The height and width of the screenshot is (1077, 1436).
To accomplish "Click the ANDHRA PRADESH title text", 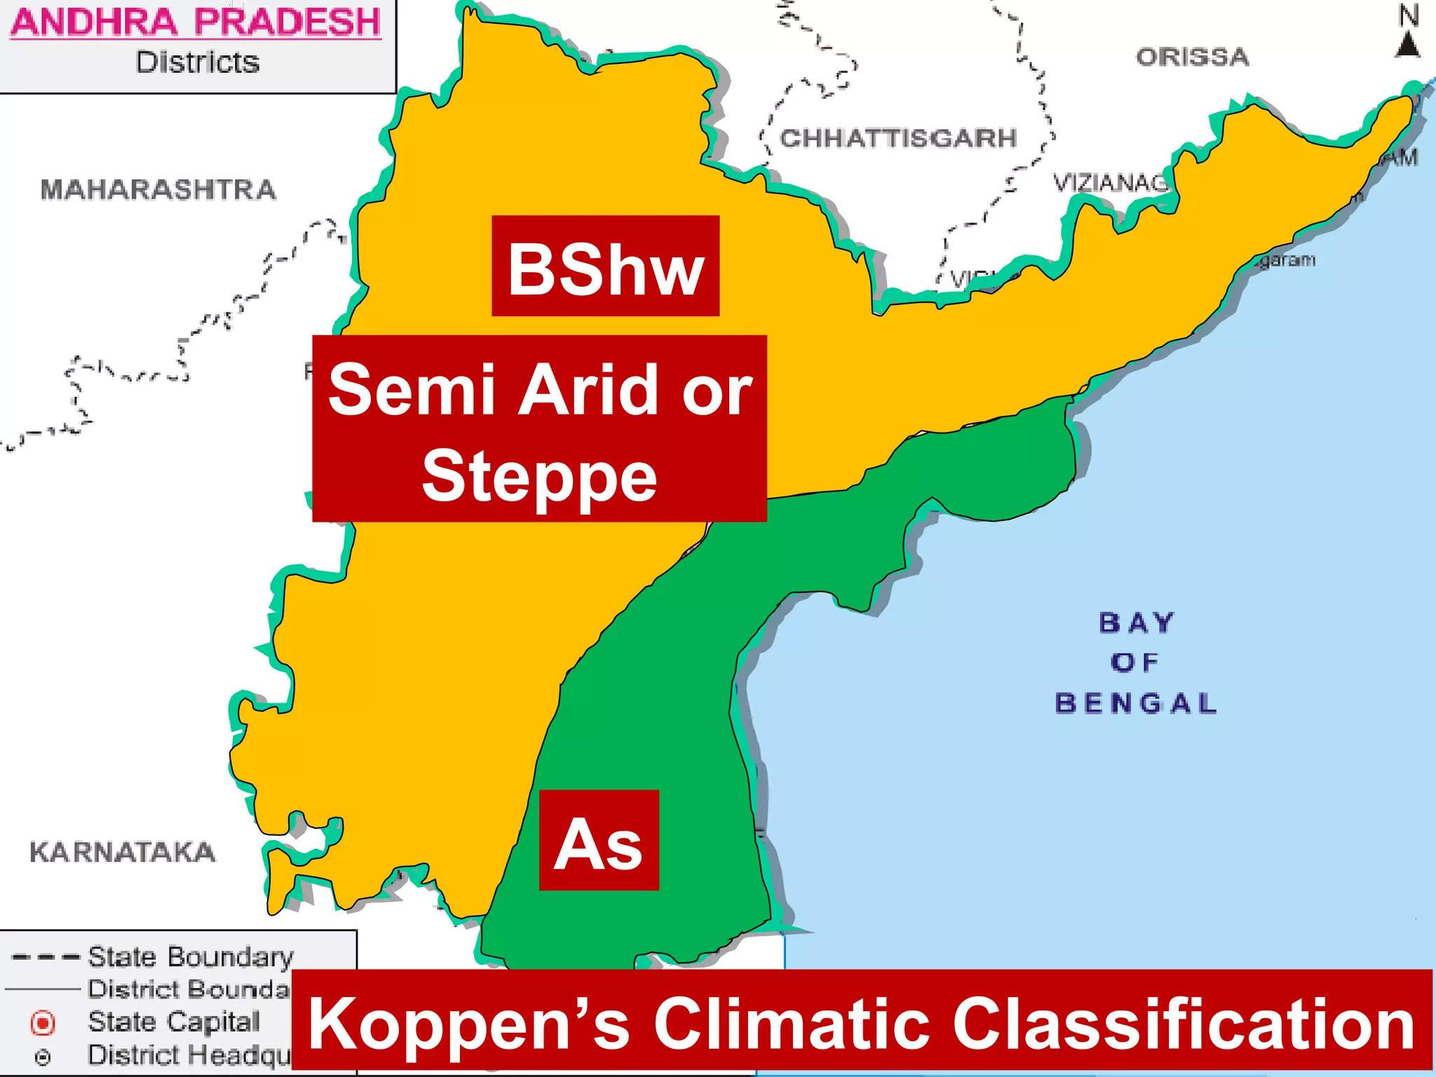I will [196, 22].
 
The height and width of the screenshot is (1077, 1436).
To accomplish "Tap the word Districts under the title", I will [198, 62].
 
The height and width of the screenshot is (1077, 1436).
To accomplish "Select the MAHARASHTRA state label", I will [158, 189].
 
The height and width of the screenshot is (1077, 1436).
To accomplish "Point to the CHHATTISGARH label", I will [898, 138].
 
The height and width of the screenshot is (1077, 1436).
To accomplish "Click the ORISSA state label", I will [1193, 57].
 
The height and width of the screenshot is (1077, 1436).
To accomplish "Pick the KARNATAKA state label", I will [123, 852].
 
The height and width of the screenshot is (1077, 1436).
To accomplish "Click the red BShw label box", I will [605, 266].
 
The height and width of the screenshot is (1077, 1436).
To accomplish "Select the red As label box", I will [599, 840].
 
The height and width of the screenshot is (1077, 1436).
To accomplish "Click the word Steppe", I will [539, 477].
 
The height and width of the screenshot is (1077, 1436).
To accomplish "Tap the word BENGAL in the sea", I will [1136, 703].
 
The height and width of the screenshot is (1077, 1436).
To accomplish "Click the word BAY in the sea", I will [1136, 623].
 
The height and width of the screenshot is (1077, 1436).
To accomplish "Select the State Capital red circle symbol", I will [43, 1023].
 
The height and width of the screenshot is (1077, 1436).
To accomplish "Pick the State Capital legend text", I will [173, 1022].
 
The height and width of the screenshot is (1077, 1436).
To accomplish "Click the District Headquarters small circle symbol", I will [43, 1057].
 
